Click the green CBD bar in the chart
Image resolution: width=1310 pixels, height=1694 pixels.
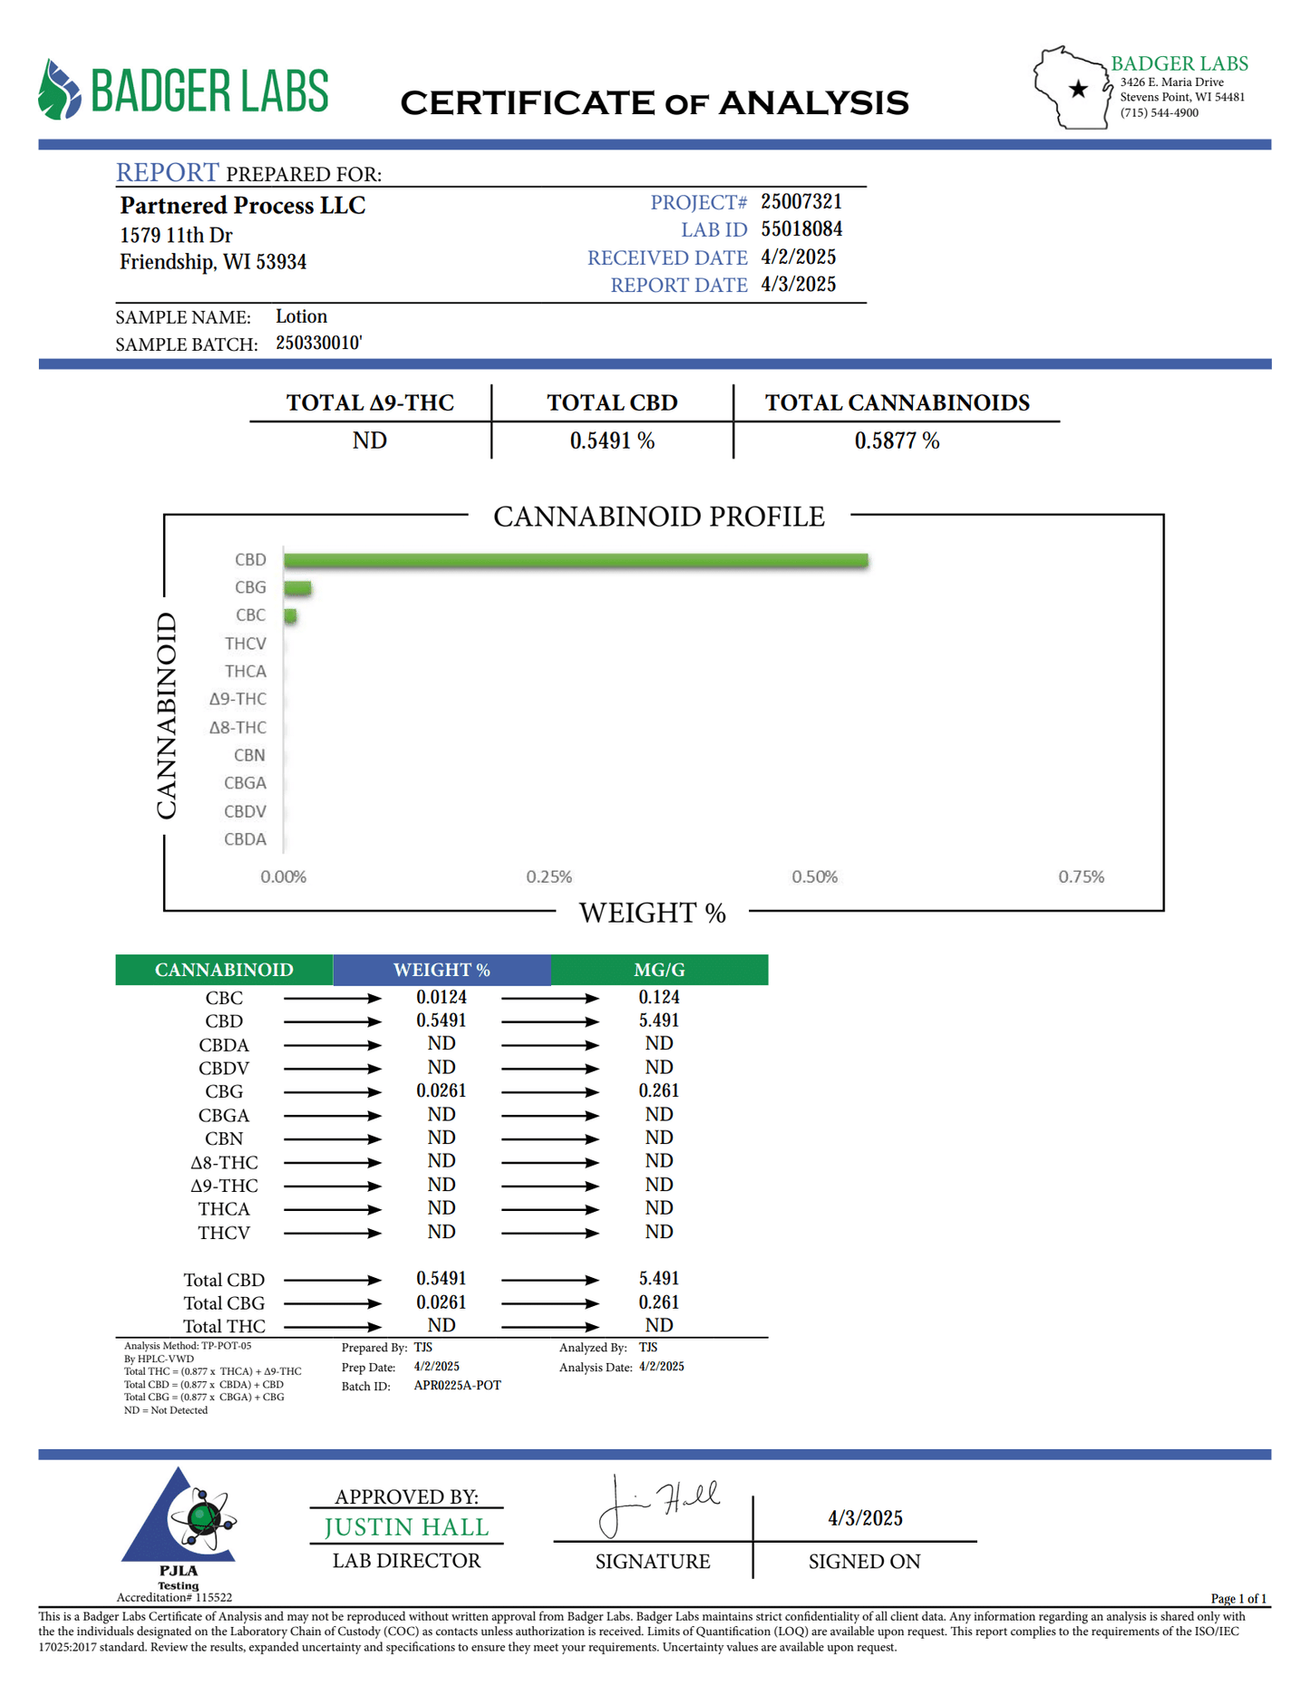576,561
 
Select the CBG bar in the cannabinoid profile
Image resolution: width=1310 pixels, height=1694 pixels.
297,588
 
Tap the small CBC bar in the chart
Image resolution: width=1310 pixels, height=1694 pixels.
290,616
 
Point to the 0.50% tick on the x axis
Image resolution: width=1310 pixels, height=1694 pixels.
814,876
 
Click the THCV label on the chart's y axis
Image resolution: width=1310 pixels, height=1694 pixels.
246,644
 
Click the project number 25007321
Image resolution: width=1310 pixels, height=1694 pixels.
801,201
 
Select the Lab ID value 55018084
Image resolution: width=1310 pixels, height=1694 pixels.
801,229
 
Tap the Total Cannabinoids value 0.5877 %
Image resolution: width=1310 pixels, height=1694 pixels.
896,441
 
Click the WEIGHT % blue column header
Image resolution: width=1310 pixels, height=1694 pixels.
442,970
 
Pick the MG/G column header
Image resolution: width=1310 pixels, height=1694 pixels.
659,970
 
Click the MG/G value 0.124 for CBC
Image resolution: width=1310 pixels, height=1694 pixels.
659,997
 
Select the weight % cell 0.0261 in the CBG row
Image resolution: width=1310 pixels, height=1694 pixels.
442,1091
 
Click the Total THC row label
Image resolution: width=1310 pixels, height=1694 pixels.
224,1326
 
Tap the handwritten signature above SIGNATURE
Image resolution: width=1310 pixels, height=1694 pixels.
657,1505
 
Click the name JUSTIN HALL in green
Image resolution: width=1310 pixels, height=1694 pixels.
406,1527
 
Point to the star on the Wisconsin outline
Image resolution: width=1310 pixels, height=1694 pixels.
1078,89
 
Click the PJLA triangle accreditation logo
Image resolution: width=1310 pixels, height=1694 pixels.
179,1523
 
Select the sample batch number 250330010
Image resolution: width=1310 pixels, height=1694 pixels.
318,343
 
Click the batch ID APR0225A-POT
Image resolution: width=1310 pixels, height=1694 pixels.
457,1386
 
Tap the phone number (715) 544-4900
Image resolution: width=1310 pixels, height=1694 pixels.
1159,113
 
